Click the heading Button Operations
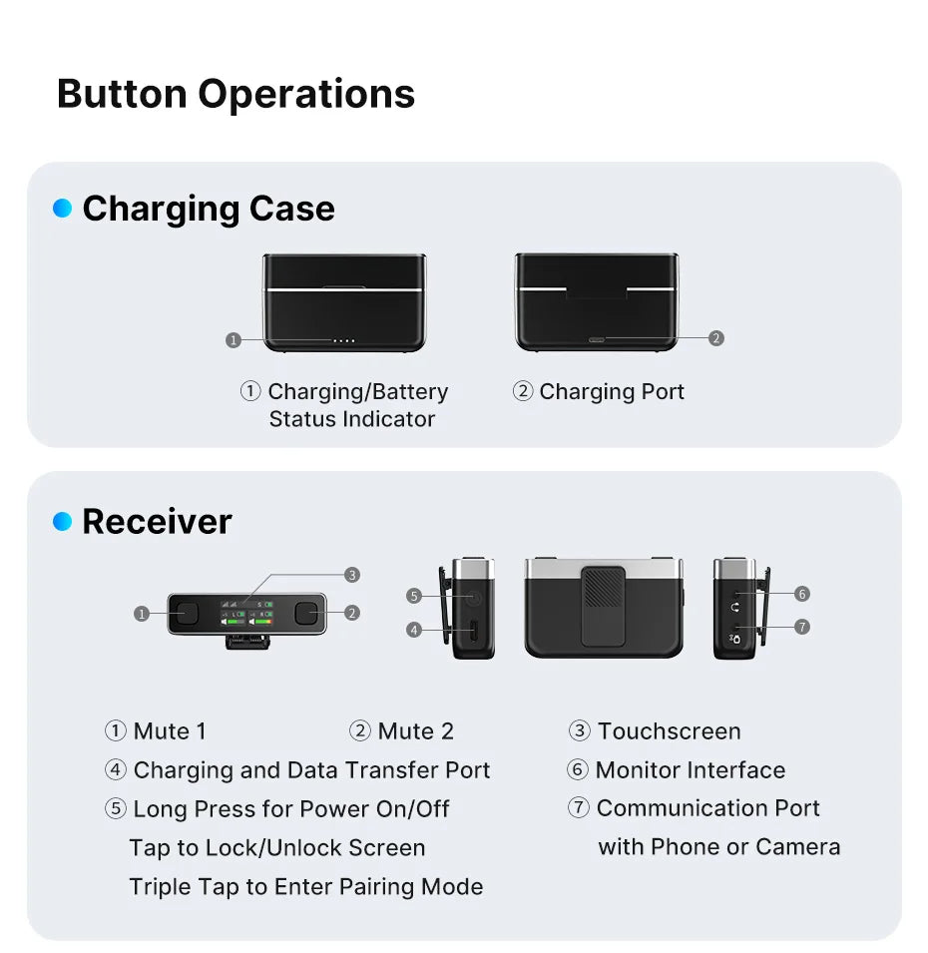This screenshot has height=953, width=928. [x=235, y=94]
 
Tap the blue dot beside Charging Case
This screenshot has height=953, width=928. [x=63, y=209]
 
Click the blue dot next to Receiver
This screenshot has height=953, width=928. [x=63, y=522]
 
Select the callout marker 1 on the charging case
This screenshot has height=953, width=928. [x=233, y=340]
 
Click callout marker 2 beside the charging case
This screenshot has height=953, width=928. [x=715, y=338]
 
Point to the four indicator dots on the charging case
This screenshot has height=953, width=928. [x=343, y=340]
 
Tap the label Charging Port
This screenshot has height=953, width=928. [x=612, y=392]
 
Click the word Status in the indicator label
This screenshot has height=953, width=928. [x=305, y=419]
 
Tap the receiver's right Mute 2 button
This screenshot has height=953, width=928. [x=307, y=614]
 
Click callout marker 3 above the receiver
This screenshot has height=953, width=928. [x=351, y=575]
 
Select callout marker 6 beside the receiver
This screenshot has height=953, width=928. [x=802, y=594]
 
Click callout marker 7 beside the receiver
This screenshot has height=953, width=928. [x=802, y=627]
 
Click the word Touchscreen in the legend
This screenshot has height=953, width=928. [x=669, y=731]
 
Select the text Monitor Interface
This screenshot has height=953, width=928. [x=690, y=770]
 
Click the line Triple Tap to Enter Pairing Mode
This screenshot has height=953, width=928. [x=305, y=887]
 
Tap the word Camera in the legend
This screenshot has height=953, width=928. [x=797, y=847]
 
